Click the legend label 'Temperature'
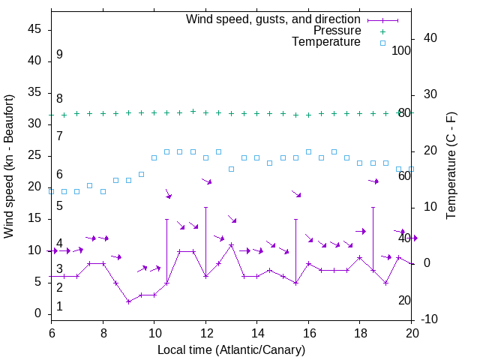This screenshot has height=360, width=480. [x=326, y=42]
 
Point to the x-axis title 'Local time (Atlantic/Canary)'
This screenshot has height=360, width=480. [x=231, y=349]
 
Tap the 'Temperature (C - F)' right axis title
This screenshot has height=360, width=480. [x=451, y=166]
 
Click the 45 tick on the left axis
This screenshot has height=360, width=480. [x=34, y=29]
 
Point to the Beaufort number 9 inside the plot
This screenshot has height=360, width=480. [x=59, y=55]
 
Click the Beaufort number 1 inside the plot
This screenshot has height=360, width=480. [x=59, y=306]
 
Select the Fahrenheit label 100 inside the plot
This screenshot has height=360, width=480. [x=401, y=51]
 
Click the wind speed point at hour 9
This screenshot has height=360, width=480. [x=129, y=301]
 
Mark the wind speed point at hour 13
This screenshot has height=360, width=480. [x=232, y=244]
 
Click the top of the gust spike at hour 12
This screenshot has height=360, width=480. [x=205, y=207]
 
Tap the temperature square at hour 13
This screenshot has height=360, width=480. [x=232, y=169]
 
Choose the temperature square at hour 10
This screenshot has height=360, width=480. [x=154, y=157]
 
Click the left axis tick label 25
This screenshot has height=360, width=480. [x=34, y=155]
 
